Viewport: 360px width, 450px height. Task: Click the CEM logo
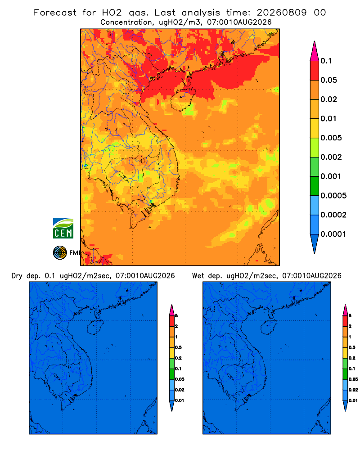[x=63, y=229]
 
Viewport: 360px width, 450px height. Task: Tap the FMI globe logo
[x=60, y=253]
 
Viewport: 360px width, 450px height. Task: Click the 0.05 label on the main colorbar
[x=328, y=80]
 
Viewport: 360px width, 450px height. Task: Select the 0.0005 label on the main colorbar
[x=333, y=196]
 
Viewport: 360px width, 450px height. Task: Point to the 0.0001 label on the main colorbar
[x=333, y=234]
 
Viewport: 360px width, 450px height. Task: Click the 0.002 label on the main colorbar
[x=331, y=157]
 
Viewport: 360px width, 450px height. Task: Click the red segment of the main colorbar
[x=315, y=71]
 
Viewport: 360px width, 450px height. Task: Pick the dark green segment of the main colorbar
[x=315, y=186]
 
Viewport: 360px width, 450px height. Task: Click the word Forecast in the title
[x=55, y=13]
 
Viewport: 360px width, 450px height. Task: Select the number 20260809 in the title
[x=281, y=13]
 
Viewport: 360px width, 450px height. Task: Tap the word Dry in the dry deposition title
[x=17, y=276]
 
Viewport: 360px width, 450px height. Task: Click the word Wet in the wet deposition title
[x=198, y=276]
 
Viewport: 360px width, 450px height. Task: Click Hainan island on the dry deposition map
[x=95, y=328]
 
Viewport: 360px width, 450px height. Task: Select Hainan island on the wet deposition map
[x=269, y=328]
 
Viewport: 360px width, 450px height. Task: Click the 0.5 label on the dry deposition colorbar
[x=178, y=347]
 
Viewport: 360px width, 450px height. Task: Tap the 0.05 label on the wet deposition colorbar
[x=353, y=379]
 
